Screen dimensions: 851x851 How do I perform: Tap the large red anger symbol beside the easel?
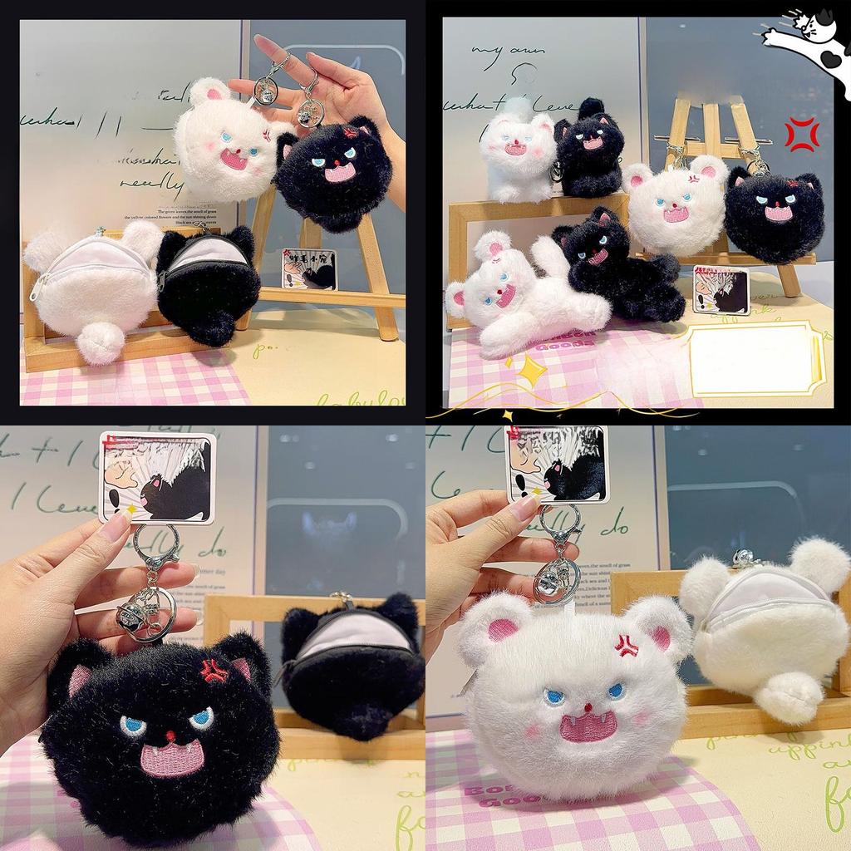(x=801, y=135)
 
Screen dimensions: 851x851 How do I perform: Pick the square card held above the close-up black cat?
(x=157, y=477)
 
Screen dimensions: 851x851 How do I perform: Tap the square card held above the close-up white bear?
(x=557, y=465)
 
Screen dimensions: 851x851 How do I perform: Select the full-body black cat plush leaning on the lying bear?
(x=618, y=266)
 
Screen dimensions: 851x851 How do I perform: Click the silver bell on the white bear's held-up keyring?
(x=267, y=91)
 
